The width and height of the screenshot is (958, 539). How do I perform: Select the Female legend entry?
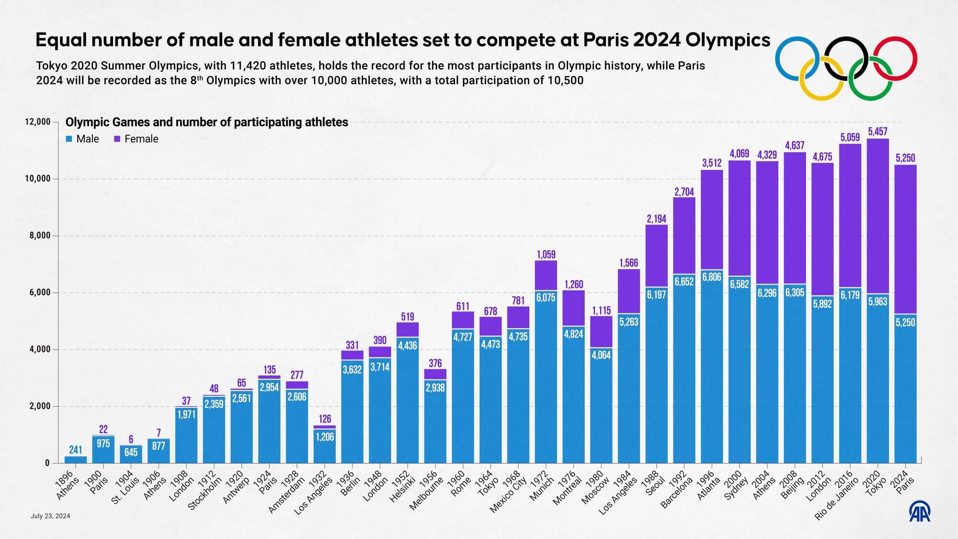[x=136, y=139]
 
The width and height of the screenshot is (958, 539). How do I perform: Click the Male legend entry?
[x=82, y=139]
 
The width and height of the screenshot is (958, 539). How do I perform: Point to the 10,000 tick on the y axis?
[x=38, y=179]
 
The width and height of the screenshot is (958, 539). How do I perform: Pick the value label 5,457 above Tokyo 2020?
[x=878, y=131]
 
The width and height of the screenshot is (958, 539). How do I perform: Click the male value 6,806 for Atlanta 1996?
[x=711, y=277]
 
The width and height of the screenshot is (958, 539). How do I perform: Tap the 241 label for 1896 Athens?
[x=76, y=450]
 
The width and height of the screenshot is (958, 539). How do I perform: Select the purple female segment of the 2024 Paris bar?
[x=905, y=240]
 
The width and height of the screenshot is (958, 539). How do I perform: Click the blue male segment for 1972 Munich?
[x=546, y=383]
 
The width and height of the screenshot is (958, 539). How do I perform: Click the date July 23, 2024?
[x=50, y=516]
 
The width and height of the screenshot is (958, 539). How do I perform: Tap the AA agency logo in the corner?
[x=920, y=512]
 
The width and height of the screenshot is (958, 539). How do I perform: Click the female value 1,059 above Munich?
[x=546, y=254]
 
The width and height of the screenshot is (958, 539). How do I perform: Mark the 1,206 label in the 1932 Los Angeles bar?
[x=324, y=437]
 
